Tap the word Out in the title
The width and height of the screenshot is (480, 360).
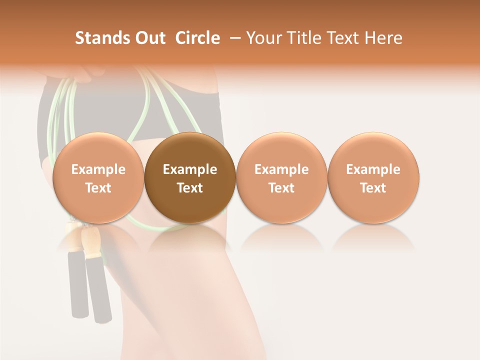[x=149, y=38]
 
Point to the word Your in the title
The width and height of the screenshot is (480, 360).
[x=262, y=38]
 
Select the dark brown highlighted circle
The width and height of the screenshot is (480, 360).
[x=190, y=177]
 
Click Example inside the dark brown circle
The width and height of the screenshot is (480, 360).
[x=190, y=169]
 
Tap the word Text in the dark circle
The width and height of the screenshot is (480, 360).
[x=190, y=188]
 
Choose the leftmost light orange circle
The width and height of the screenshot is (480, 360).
[x=98, y=177]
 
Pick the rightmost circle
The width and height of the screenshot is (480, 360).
[x=373, y=177]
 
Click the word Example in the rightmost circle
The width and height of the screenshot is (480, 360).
[x=373, y=169]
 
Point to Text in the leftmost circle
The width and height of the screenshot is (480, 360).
[x=98, y=188]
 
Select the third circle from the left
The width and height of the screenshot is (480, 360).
[x=281, y=177]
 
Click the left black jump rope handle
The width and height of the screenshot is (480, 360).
[x=78, y=285]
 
